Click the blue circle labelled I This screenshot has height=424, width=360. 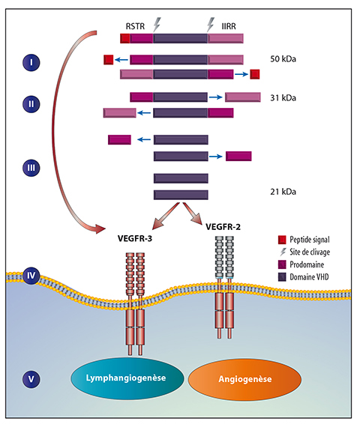pyautogui.click(x=31, y=62)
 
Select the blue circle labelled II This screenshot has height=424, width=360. pyautogui.click(x=31, y=104)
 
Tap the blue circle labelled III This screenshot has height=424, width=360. pyautogui.click(x=31, y=168)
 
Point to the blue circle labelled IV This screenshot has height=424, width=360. pyautogui.click(x=31, y=276)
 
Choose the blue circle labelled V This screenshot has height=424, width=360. pyautogui.click(x=31, y=379)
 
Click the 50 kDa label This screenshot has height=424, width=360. pyautogui.click(x=283, y=59)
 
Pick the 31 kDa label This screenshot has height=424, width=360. pyautogui.click(x=283, y=97)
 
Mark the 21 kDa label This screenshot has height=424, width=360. pyautogui.click(x=283, y=192)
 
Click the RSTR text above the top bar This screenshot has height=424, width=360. pyautogui.click(x=135, y=26)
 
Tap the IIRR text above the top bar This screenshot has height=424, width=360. pyautogui.click(x=229, y=26)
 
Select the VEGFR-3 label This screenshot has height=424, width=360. pyautogui.click(x=135, y=238)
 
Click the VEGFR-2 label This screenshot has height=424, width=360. pyautogui.click(x=223, y=226)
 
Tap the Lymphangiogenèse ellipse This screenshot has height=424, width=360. pyautogui.click(x=127, y=378)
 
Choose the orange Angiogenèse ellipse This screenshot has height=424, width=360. pyautogui.click(x=244, y=379)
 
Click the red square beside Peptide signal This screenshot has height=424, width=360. pyautogui.click(x=282, y=240)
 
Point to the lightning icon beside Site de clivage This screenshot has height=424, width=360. pyautogui.click(x=283, y=252)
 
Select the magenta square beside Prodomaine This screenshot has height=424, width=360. pyautogui.click(x=282, y=264)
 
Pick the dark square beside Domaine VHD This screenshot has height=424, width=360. pyautogui.click(x=282, y=277)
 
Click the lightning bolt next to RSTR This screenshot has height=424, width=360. pyautogui.click(x=157, y=25)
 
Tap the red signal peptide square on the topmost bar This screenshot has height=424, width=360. pyautogui.click(x=125, y=38)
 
